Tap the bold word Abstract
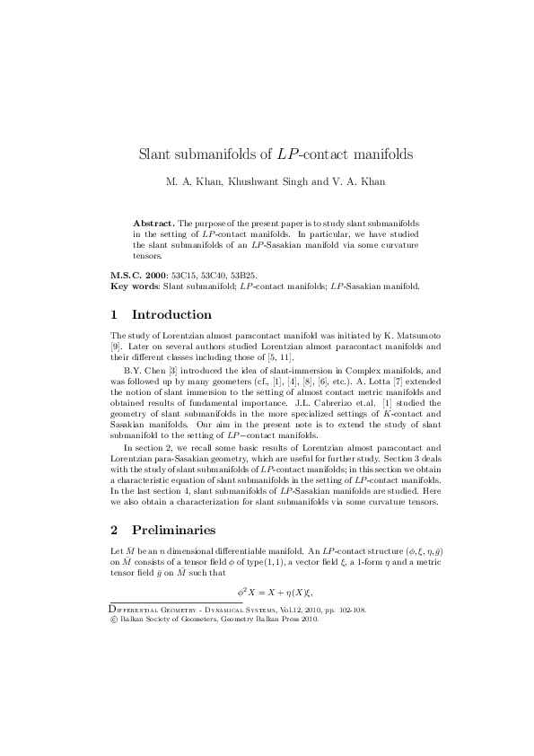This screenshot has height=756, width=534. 153,221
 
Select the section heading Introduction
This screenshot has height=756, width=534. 171,315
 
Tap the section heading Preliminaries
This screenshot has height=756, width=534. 173,530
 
